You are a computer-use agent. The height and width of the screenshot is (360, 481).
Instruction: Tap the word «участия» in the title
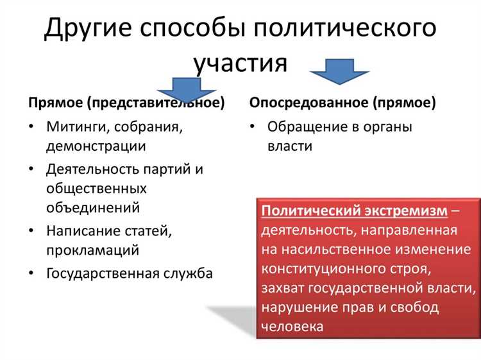[240, 63]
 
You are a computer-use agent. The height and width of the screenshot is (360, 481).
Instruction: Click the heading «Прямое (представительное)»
[126, 103]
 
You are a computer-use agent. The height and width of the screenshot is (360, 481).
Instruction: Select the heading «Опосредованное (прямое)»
[342, 103]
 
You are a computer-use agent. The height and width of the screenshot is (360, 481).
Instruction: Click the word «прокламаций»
[92, 250]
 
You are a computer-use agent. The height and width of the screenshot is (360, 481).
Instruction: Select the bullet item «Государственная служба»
[129, 274]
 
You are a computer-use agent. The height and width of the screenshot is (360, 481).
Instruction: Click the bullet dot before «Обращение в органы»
[253, 127]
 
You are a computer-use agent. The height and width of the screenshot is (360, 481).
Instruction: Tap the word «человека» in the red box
[292, 326]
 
